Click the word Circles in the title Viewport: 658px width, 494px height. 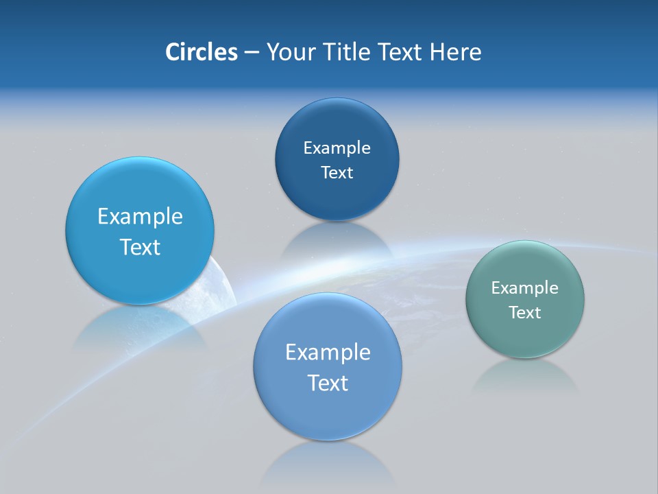201,52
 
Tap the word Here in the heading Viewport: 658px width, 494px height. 455,52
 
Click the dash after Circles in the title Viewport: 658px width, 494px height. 252,53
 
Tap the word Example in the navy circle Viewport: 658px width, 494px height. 337,148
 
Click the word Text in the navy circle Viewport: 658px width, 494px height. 337,173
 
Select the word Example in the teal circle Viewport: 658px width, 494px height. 524,288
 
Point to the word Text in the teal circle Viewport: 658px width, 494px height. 525,313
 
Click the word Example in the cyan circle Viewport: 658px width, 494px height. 140,217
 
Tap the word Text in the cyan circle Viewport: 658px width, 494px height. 140,247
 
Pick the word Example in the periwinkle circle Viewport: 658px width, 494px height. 328,353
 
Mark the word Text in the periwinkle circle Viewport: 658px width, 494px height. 328,383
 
